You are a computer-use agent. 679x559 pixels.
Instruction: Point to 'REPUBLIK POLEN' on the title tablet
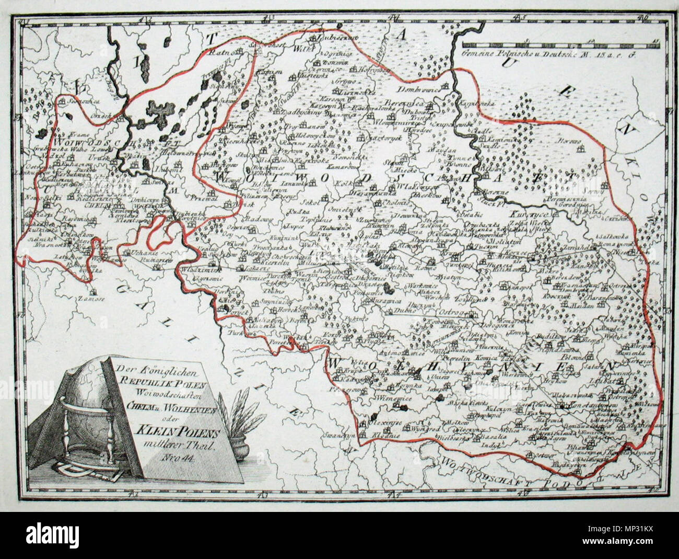coord(162,381)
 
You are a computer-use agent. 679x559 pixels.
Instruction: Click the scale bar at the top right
coord(561,45)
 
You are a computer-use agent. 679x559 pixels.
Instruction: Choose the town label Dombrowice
coord(422,89)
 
